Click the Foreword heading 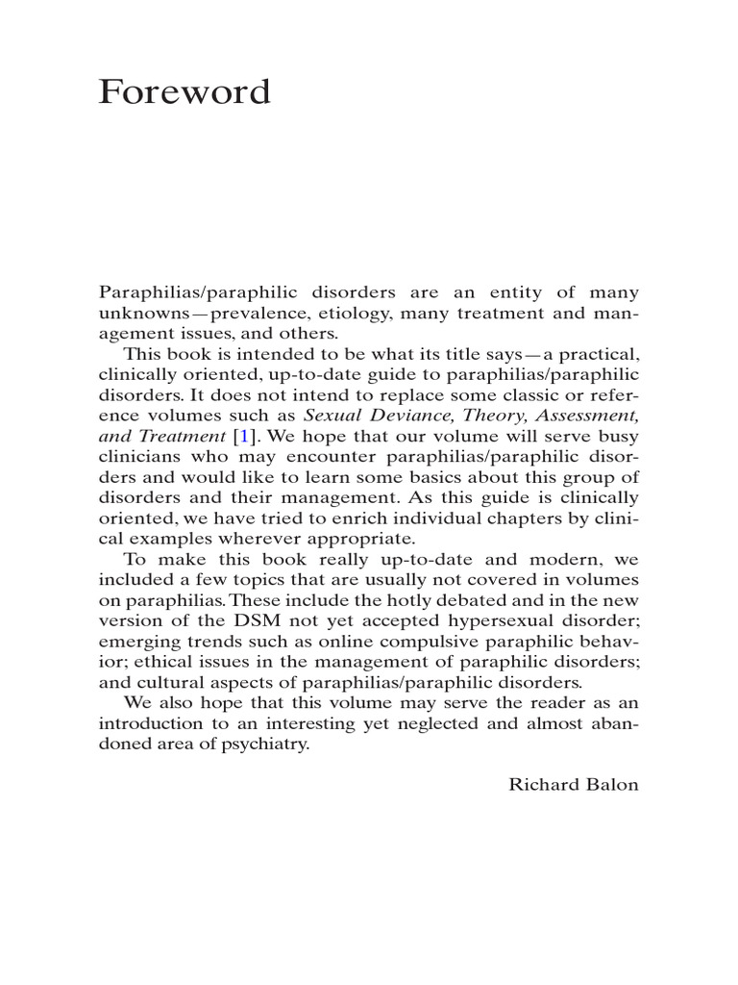click(184, 92)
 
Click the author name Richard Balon click(573, 784)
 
